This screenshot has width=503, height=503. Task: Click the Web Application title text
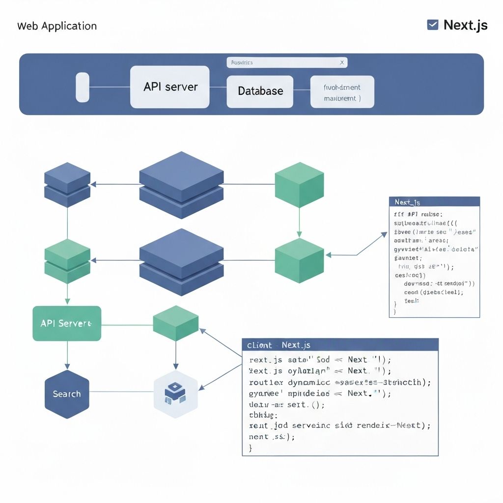(x=57, y=26)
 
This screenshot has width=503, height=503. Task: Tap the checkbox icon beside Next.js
(x=433, y=25)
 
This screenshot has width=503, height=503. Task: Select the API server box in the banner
(x=170, y=87)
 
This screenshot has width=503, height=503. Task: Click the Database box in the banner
(x=260, y=91)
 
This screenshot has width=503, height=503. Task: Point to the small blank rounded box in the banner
(x=83, y=87)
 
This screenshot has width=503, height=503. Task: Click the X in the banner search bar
(x=342, y=62)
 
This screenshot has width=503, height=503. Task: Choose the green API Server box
(x=67, y=323)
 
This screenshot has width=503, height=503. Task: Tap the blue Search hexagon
(x=67, y=394)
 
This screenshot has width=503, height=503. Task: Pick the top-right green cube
(x=299, y=185)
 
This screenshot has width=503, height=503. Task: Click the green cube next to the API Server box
(x=175, y=323)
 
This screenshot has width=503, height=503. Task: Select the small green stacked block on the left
(x=67, y=261)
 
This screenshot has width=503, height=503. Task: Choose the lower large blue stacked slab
(x=181, y=261)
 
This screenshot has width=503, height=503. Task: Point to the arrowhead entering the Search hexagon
(x=67, y=366)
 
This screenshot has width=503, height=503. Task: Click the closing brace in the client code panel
(x=251, y=447)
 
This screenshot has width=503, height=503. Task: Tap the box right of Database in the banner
(x=342, y=92)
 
